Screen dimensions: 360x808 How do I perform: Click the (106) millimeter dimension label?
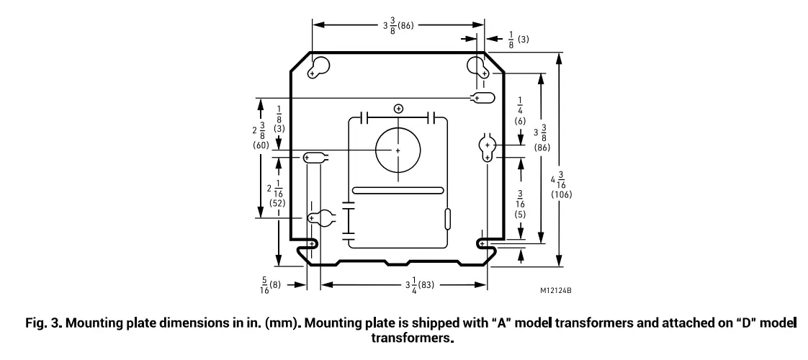point(562,194)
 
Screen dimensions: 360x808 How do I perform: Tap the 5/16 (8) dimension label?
point(270,285)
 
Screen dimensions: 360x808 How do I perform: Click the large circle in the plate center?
point(398,150)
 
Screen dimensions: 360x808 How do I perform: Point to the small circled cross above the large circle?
point(398,109)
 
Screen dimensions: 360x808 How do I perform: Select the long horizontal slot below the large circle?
point(398,191)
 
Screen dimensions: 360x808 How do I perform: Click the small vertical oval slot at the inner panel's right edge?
point(448,218)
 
